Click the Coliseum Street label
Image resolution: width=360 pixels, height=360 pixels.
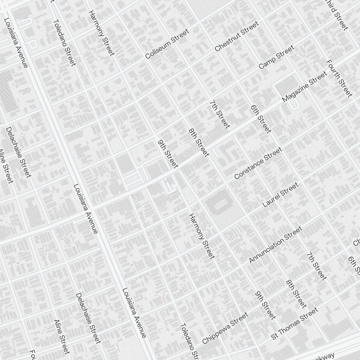[167, 44]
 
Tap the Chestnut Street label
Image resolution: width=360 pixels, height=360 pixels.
[237, 36]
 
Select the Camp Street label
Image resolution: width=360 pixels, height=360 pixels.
[276, 57]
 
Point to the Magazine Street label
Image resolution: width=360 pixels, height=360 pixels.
[305, 87]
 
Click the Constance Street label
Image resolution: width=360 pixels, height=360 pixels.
[258, 163]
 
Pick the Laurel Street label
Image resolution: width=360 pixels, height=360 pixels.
[280, 195]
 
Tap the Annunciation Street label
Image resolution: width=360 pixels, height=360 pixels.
[276, 245]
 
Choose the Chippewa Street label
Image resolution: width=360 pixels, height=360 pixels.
[225, 328]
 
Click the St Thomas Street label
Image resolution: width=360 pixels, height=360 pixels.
[295, 323]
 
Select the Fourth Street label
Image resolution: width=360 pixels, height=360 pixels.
[339, 78]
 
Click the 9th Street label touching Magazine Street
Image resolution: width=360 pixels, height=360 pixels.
[168, 154]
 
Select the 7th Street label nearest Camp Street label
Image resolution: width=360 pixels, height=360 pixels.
[220, 114]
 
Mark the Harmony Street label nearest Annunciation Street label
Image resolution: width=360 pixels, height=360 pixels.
[202, 236]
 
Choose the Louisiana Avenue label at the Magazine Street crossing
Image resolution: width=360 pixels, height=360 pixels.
[86, 209]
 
